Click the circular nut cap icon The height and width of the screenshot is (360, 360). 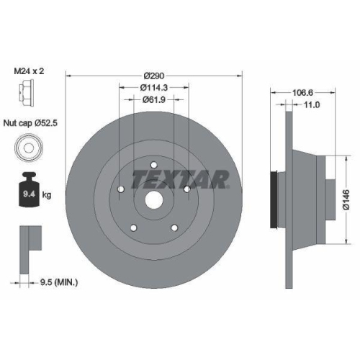27,148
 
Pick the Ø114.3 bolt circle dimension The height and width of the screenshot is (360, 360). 153,88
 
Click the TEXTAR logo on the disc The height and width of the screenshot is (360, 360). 181,177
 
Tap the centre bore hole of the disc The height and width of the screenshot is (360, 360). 153,202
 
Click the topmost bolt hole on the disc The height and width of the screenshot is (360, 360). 153,168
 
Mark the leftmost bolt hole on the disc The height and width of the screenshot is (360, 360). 120,192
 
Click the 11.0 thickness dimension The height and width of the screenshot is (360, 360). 311,105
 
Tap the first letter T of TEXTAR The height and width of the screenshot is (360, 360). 138,177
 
